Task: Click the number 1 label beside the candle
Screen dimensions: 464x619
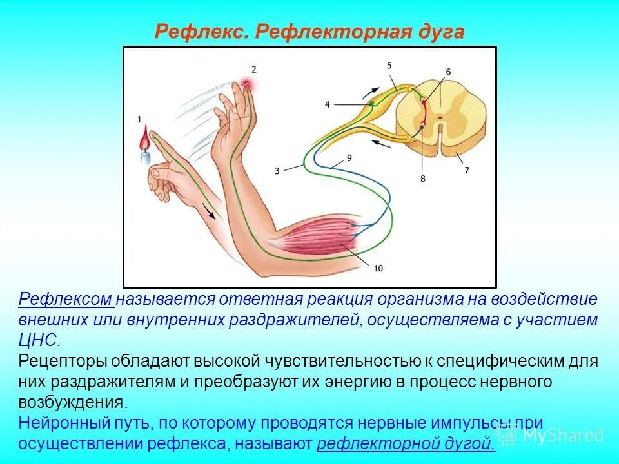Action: click(139, 119)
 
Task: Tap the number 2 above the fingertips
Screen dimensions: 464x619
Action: click(254, 70)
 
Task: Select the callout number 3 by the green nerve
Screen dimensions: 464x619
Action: click(277, 171)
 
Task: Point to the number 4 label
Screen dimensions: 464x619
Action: click(327, 104)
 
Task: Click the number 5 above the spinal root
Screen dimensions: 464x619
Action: click(389, 65)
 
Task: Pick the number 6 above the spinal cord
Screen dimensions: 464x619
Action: click(447, 72)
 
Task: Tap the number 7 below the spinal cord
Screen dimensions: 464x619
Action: click(467, 170)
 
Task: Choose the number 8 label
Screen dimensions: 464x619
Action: click(423, 179)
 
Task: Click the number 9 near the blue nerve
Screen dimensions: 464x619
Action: click(349, 157)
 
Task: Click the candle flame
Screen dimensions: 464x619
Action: click(145, 137)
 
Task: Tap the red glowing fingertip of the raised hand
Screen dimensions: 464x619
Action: click(246, 82)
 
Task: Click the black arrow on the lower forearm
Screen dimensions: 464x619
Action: click(208, 211)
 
